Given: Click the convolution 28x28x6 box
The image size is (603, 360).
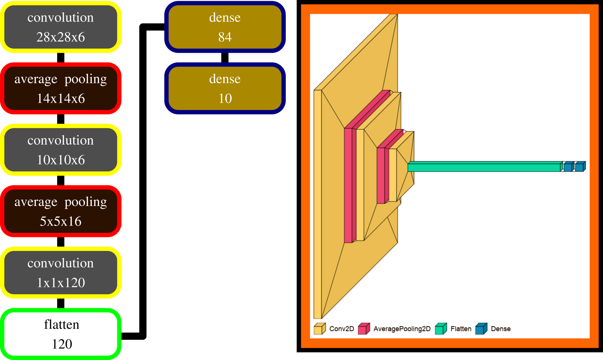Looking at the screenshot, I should tap(61, 27).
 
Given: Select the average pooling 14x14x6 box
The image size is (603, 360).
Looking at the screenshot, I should tap(61, 88).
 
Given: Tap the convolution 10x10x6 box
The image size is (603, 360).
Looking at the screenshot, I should tap(61, 150).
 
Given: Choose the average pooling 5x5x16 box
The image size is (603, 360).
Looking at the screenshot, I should tap(61, 211).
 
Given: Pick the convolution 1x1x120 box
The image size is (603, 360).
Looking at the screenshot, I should tap(61, 272).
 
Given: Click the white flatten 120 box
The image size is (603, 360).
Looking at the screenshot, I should tap(61, 334).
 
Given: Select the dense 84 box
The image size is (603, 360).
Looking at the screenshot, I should tap(225, 27).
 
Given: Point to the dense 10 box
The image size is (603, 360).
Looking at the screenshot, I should tap(225, 88).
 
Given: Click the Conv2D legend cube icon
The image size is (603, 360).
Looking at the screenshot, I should tap(319, 329).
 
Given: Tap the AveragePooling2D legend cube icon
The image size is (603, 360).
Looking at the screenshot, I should tap(364, 329).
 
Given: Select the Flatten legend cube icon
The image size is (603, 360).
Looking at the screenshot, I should tap(441, 329).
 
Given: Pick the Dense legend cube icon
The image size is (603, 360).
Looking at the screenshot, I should tap(481, 329).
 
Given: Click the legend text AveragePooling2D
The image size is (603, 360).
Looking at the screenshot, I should tap(402, 329).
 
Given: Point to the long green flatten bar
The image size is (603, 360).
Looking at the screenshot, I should tap(484, 167).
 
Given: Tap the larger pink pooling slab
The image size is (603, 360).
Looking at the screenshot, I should tap(348, 185).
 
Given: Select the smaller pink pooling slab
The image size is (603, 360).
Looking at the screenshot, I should tap(381, 175).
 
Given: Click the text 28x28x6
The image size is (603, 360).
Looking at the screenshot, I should tap(61, 37).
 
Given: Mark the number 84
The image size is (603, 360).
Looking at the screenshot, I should tap(225, 37).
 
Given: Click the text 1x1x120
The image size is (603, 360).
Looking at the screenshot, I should tap(61, 283).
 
